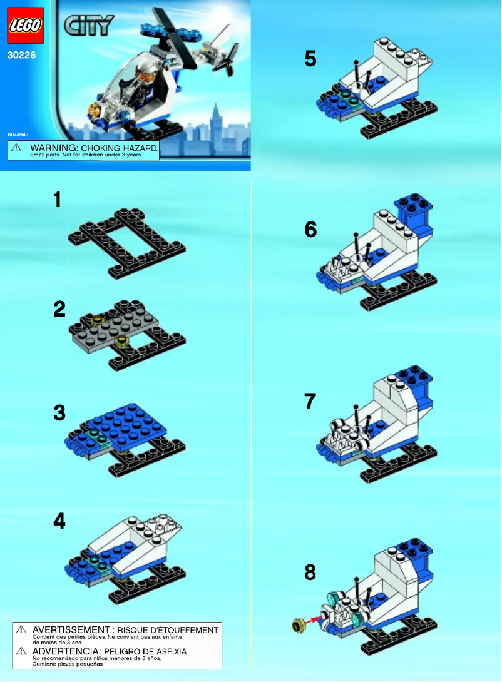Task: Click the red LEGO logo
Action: (x=26, y=26)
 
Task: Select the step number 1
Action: (x=58, y=200)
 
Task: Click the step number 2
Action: (x=59, y=309)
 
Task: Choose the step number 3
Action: (x=59, y=413)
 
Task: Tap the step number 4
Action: (x=59, y=521)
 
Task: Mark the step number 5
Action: (x=310, y=59)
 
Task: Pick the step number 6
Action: (x=310, y=230)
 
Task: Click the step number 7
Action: (x=310, y=401)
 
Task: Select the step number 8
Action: (x=310, y=572)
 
